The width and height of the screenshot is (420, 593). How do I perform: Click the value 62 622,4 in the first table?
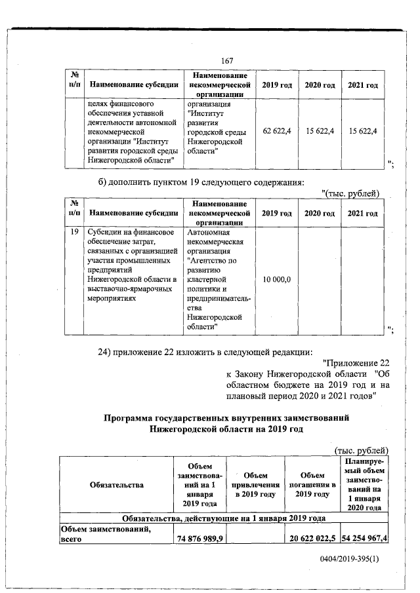click(x=277, y=132)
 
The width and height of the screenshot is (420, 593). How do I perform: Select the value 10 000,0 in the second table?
click(x=277, y=280)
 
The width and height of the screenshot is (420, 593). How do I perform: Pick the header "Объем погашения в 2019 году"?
click(x=310, y=484)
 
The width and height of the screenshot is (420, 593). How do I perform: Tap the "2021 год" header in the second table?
click(x=363, y=213)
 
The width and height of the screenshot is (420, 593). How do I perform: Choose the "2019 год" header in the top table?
click(x=277, y=85)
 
